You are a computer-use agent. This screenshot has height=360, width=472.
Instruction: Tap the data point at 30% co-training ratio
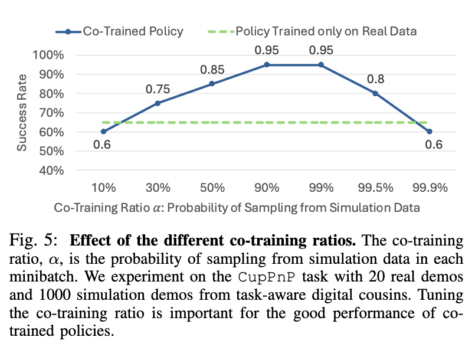point(158,103)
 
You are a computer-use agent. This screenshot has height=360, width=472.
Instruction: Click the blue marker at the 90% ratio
point(267,64)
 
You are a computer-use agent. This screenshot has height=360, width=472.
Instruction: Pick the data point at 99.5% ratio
point(375,93)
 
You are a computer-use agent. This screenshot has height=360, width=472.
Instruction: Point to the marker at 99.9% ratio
point(430,132)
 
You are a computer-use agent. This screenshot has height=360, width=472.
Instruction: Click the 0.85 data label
point(212,70)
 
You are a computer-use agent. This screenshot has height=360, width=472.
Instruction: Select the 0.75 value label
point(158,89)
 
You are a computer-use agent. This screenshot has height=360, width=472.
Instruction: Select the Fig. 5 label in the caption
point(33,242)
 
